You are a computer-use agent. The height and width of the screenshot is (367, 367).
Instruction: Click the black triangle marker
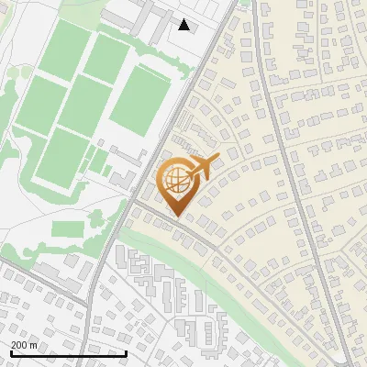pos(184,25)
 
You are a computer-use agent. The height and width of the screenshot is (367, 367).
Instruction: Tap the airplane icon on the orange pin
pos(202,166)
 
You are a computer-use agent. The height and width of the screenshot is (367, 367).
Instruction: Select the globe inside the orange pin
pos(174,179)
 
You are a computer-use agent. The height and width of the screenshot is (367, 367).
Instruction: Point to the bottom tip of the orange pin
pos(174,217)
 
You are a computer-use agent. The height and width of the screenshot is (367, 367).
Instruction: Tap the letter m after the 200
pos(34,345)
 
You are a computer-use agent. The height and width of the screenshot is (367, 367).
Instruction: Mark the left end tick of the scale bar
pos(10,351)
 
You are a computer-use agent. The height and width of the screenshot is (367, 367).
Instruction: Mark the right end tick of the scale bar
pos(125,351)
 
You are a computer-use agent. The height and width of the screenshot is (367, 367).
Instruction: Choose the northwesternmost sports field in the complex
pos(64,48)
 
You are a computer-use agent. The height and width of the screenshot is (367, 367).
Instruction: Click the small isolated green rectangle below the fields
pos(67,228)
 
